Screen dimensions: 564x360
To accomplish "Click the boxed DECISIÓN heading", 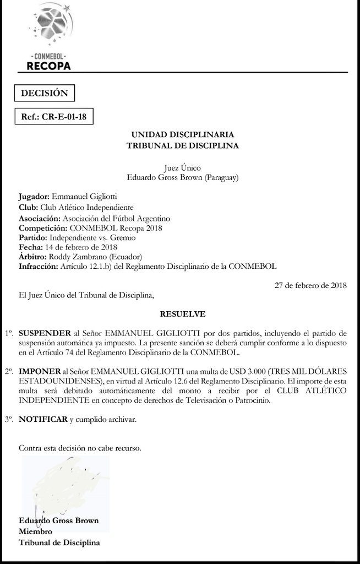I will tap(44, 93).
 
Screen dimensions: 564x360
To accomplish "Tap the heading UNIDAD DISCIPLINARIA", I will tap(182, 134).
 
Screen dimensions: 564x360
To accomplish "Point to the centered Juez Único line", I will tap(182, 167).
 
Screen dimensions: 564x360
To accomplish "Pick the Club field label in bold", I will tap(28, 208).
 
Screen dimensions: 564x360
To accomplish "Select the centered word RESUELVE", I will tap(182, 314).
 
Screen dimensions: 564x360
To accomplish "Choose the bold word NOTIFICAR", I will tap(43, 420).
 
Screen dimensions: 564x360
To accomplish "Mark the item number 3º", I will tap(8, 420).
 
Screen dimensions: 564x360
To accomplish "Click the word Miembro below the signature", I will tap(35, 532).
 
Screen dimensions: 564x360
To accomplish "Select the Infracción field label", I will tap(38, 267).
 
